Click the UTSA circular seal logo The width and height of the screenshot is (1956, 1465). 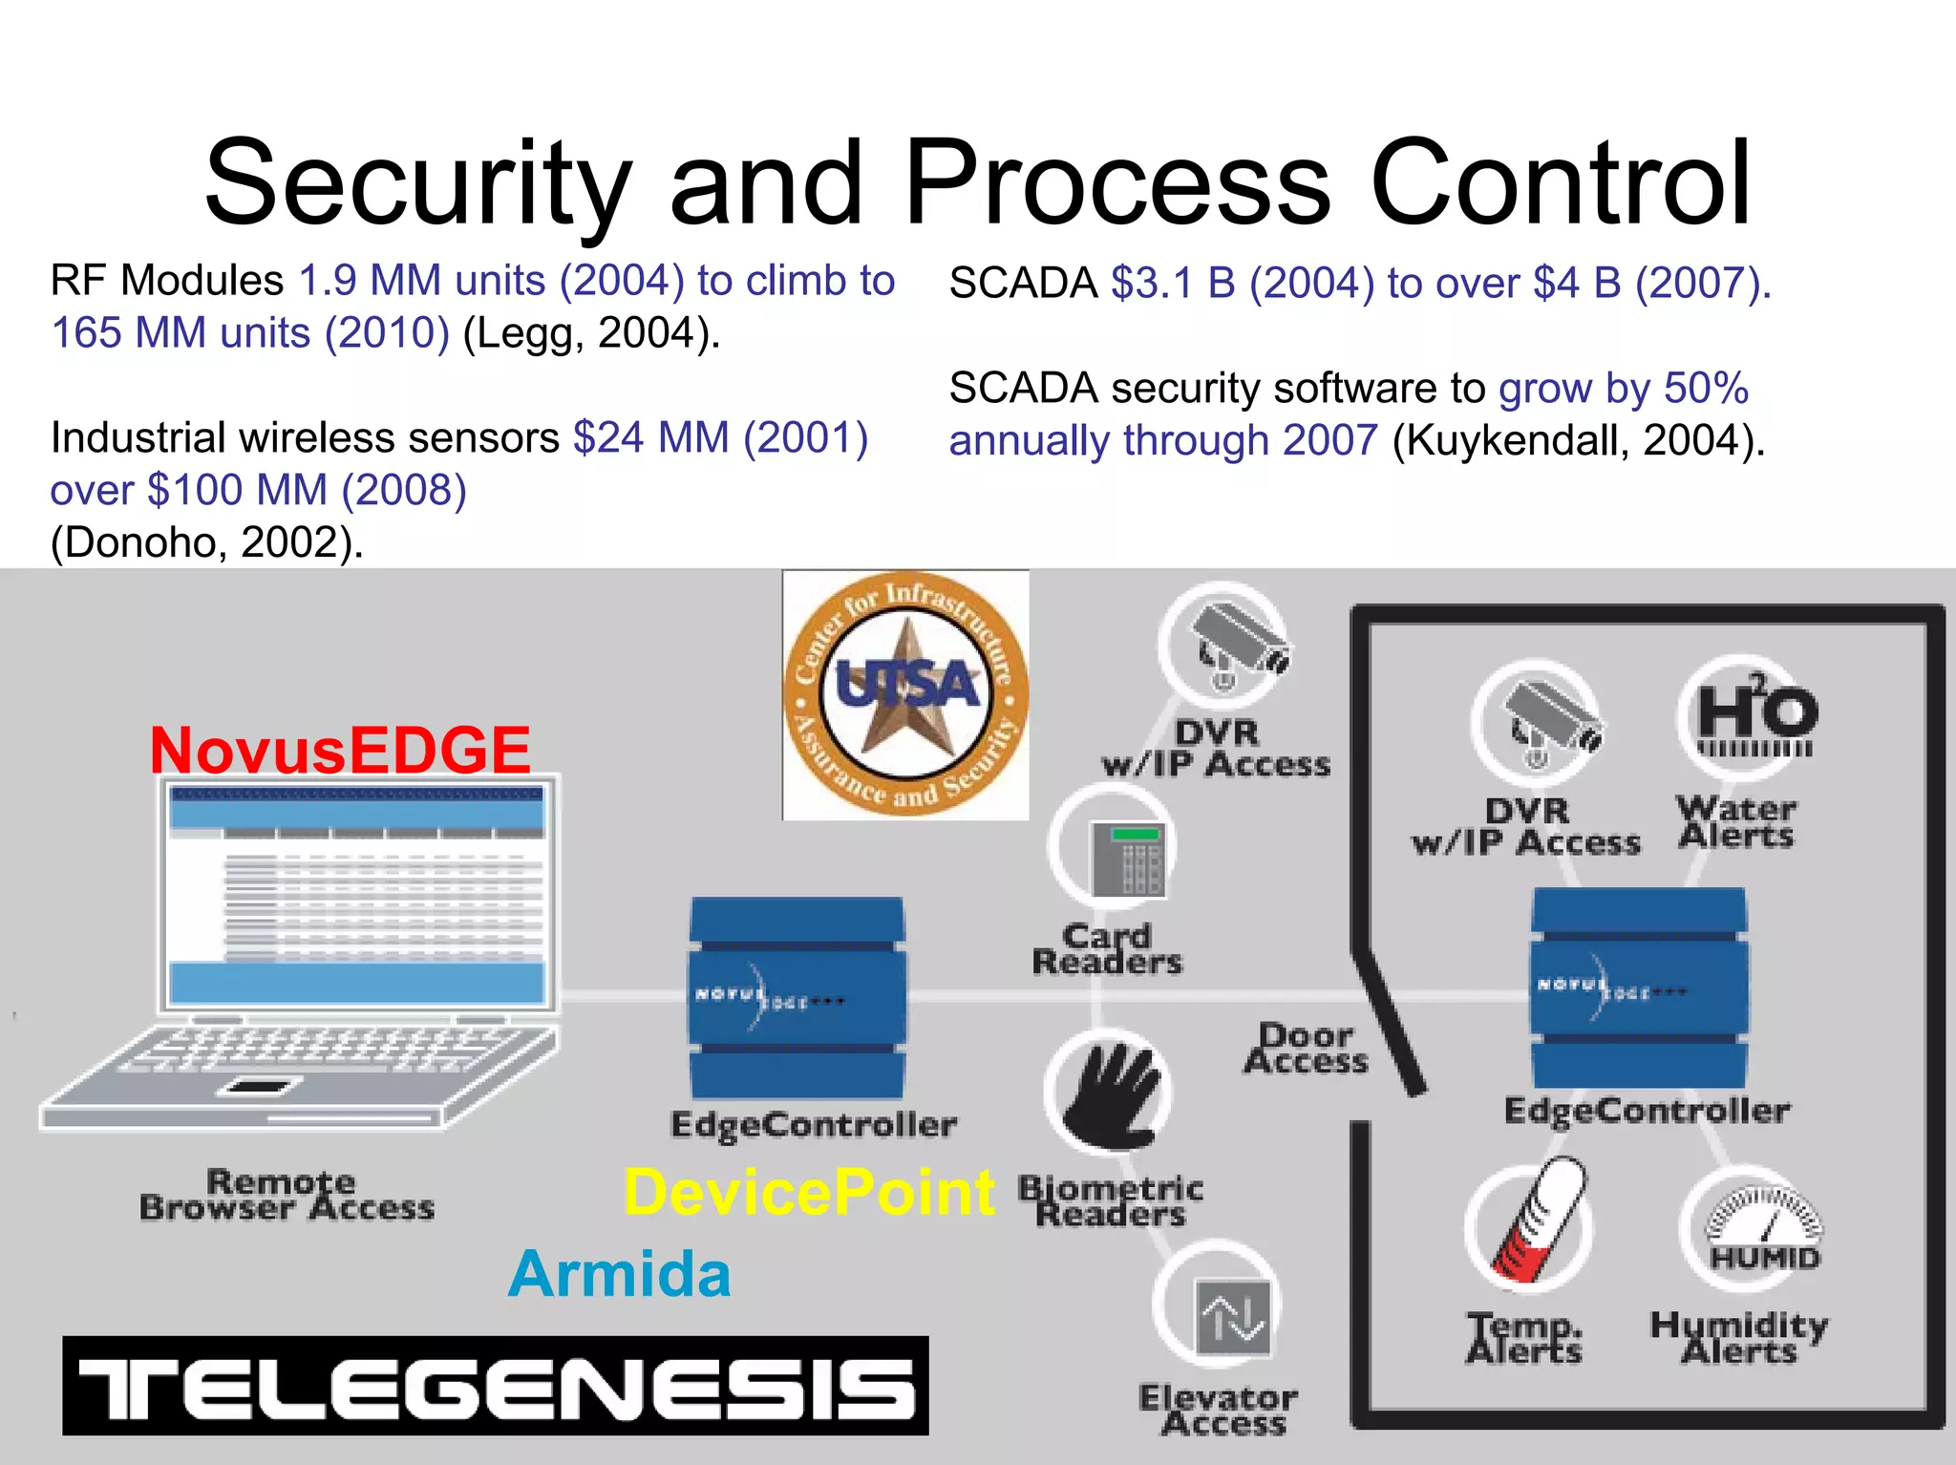point(905,694)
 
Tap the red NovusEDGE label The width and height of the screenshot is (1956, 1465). point(340,750)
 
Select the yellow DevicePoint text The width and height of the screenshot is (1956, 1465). point(809,1193)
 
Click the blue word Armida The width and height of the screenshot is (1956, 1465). point(620,1274)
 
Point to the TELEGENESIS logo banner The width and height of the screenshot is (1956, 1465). point(496,1386)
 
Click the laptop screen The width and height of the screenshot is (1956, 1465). point(357,893)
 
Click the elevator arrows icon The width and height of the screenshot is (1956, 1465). point(1234,1318)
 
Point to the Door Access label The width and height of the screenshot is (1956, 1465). point(1306,1049)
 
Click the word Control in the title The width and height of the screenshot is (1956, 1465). point(1561,181)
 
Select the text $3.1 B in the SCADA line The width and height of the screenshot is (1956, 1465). point(1173,284)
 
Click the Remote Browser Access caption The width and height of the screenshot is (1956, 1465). point(287,1195)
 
